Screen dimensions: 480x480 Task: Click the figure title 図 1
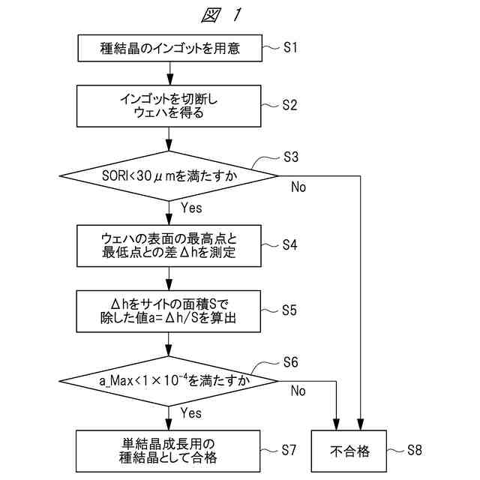(x=223, y=15)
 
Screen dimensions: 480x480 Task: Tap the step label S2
(x=291, y=106)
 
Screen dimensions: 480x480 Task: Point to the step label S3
(x=291, y=157)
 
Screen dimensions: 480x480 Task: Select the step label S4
(x=291, y=244)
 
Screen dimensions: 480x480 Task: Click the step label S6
(x=291, y=362)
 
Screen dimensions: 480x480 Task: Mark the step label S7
(x=291, y=450)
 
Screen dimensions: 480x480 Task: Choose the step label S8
(x=415, y=450)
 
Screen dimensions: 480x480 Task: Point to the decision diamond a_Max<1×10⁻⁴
(x=169, y=380)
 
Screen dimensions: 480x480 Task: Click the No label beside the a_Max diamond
(x=298, y=391)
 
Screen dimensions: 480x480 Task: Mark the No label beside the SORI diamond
(x=298, y=187)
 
